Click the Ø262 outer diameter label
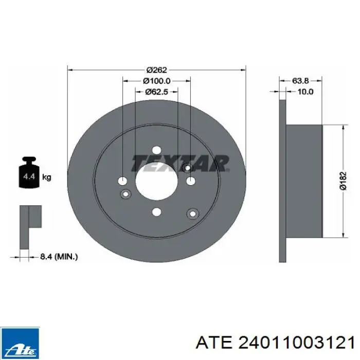click(x=156, y=69)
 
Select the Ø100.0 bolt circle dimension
click(x=156, y=81)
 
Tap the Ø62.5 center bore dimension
click(x=156, y=92)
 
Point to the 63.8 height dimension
click(x=300, y=81)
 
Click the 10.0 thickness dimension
click(x=305, y=92)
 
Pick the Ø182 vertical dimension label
click(x=343, y=181)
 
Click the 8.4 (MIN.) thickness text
click(x=59, y=257)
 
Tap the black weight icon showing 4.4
click(x=29, y=173)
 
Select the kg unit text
click(x=47, y=177)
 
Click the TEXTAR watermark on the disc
click(x=180, y=164)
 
